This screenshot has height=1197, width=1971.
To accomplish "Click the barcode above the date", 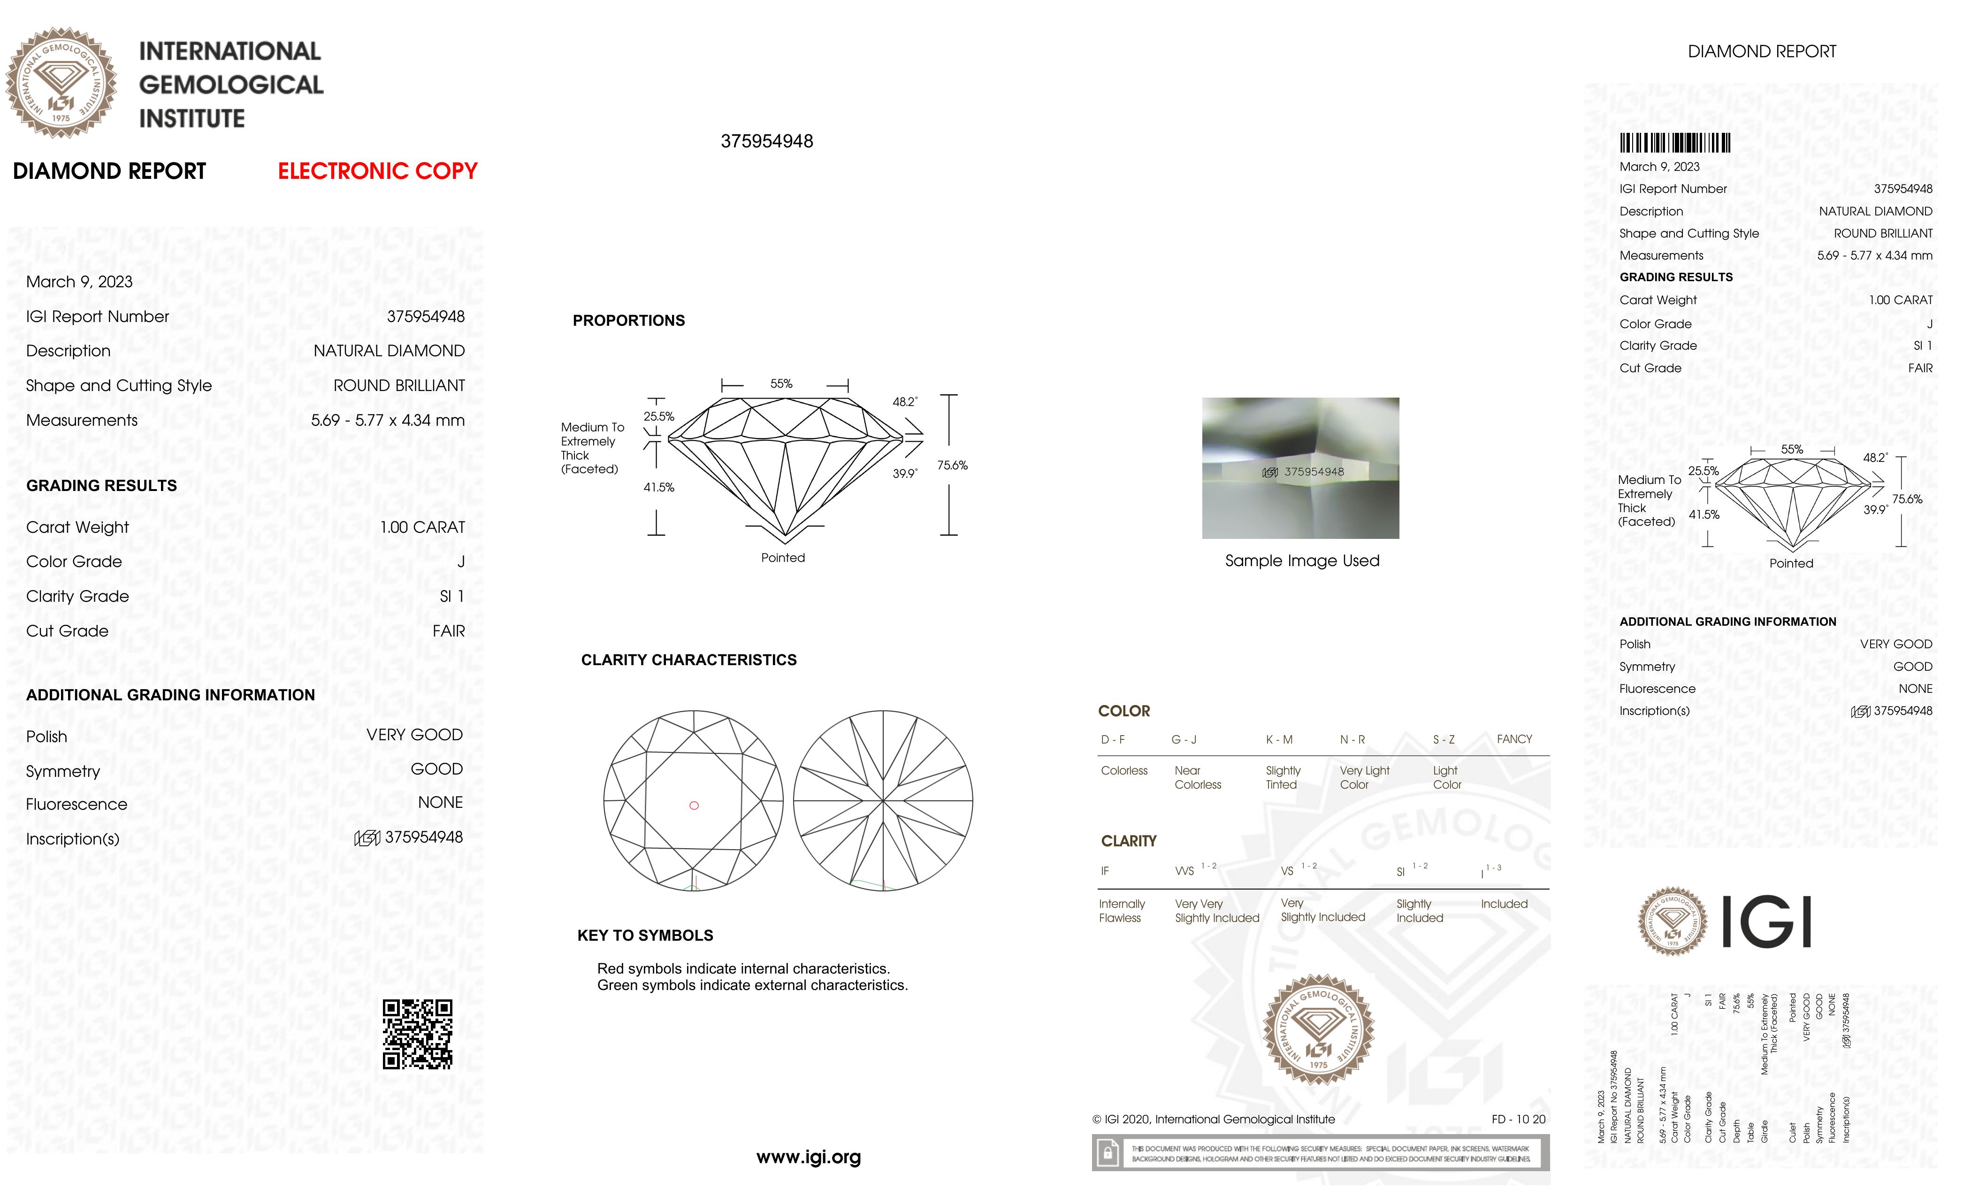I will coord(1674,143).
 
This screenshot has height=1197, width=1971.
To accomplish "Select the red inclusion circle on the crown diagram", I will coord(694,806).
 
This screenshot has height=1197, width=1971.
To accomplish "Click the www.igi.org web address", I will coord(808,1157).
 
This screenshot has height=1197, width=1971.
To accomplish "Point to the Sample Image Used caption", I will coord(1301,561).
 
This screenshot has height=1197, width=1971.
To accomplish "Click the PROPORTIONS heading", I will coord(629,321).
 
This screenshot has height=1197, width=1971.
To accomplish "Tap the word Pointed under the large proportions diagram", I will coord(782,558).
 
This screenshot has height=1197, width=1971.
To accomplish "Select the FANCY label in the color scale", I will coord(1513,739).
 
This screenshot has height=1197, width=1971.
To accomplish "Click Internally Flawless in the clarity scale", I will coord(1122,911).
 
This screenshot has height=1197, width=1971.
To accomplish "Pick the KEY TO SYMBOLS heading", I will coord(645,936).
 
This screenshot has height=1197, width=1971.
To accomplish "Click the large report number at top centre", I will coord(766,142).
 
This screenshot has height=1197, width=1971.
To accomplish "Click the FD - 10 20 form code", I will coord(1518,1120).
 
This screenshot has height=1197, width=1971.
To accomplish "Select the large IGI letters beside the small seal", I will coord(1765,922).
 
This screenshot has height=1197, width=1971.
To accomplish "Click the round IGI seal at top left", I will coord(61,83).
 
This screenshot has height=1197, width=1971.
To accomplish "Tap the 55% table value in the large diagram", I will coord(781,384).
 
